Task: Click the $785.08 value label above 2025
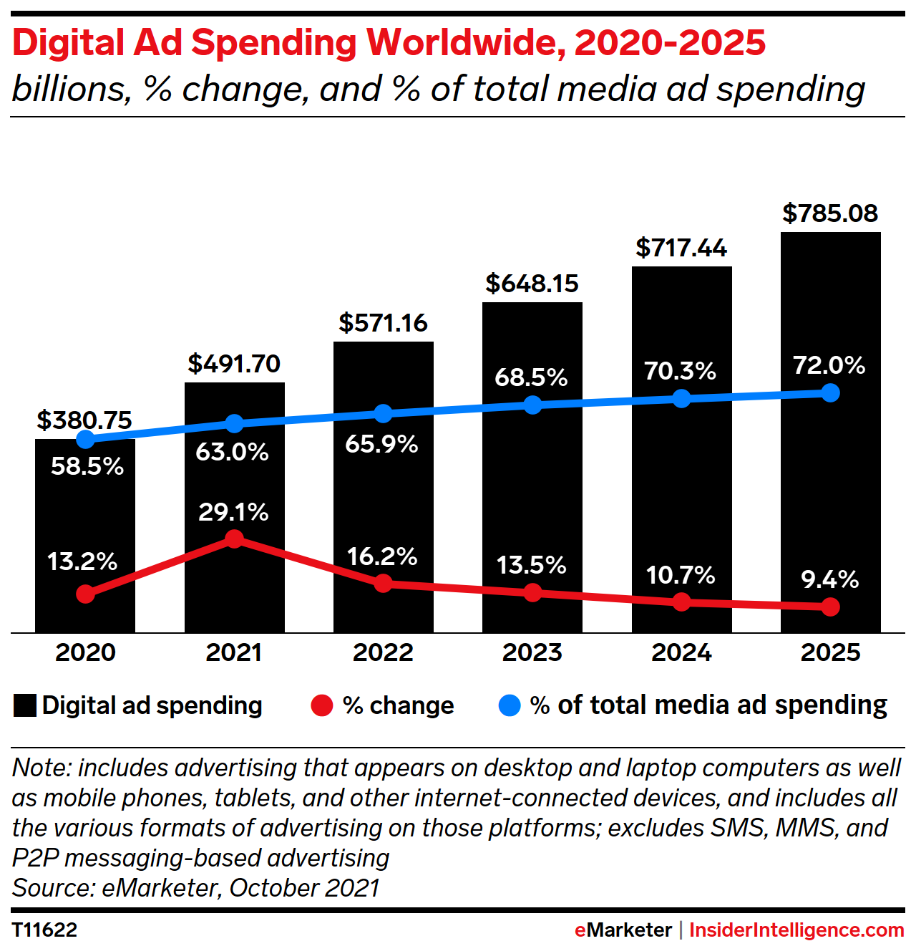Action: (x=830, y=213)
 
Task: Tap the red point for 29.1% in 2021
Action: (x=234, y=539)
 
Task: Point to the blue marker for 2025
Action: (x=830, y=393)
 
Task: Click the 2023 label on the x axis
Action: (x=532, y=652)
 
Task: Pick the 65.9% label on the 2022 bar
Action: (x=381, y=444)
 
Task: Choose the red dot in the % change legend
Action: (x=322, y=706)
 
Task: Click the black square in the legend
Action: (x=25, y=706)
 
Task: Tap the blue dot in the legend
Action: (x=509, y=706)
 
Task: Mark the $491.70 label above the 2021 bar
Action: (x=234, y=364)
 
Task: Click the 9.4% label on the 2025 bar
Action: (x=830, y=579)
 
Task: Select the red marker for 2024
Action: (x=681, y=602)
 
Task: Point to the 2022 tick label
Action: (x=383, y=652)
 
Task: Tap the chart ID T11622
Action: (x=44, y=930)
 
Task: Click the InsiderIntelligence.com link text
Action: (x=796, y=930)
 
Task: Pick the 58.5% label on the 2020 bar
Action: (x=87, y=467)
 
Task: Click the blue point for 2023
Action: (x=532, y=405)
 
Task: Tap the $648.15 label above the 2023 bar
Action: (x=532, y=284)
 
